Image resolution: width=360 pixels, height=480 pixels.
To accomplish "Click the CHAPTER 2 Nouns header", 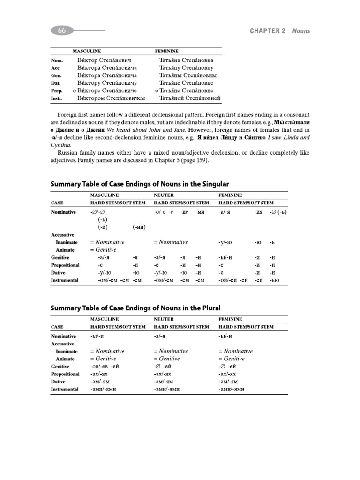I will (x=280, y=31).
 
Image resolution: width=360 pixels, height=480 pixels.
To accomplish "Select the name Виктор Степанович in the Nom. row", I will (x=104, y=60).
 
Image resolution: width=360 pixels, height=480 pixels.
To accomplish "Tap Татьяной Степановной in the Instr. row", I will (x=190, y=98).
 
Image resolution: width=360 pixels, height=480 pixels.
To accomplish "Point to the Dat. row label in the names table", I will (x=56, y=83).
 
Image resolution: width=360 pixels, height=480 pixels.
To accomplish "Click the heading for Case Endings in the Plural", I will (x=135, y=307).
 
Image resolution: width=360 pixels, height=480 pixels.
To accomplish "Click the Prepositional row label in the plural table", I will (x=65, y=374).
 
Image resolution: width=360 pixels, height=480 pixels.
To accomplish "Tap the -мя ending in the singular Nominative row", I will (x=201, y=212).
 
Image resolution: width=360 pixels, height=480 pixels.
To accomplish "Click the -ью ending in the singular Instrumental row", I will (x=274, y=280).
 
